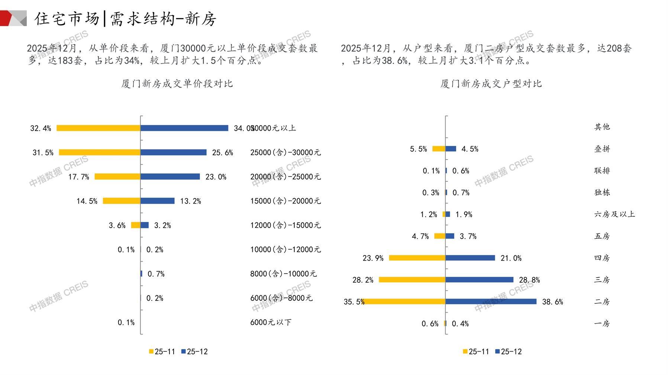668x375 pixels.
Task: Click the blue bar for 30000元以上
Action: click(184, 128)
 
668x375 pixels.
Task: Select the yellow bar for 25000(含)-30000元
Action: click(100, 152)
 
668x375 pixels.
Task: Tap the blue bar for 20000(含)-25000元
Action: click(170, 177)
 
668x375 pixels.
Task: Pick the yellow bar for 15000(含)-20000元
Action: click(122, 201)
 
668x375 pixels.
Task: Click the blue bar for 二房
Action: click(491, 301)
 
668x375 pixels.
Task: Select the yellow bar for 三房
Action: click(412, 280)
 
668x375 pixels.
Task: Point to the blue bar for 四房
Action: click(470, 258)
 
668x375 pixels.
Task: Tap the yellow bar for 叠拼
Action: click(439, 149)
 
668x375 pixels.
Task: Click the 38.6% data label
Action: click(552, 302)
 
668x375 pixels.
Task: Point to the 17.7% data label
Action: click(79, 177)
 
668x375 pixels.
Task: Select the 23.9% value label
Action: click(373, 258)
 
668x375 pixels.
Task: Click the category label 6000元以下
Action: click(271, 322)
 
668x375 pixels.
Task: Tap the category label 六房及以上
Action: click(614, 214)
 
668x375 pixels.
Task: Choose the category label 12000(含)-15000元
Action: click(285, 225)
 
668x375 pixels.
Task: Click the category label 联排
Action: click(602, 171)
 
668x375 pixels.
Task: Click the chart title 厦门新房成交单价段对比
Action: click(177, 84)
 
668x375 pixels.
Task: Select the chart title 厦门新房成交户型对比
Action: click(491, 84)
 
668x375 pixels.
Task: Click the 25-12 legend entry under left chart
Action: click(194, 352)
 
